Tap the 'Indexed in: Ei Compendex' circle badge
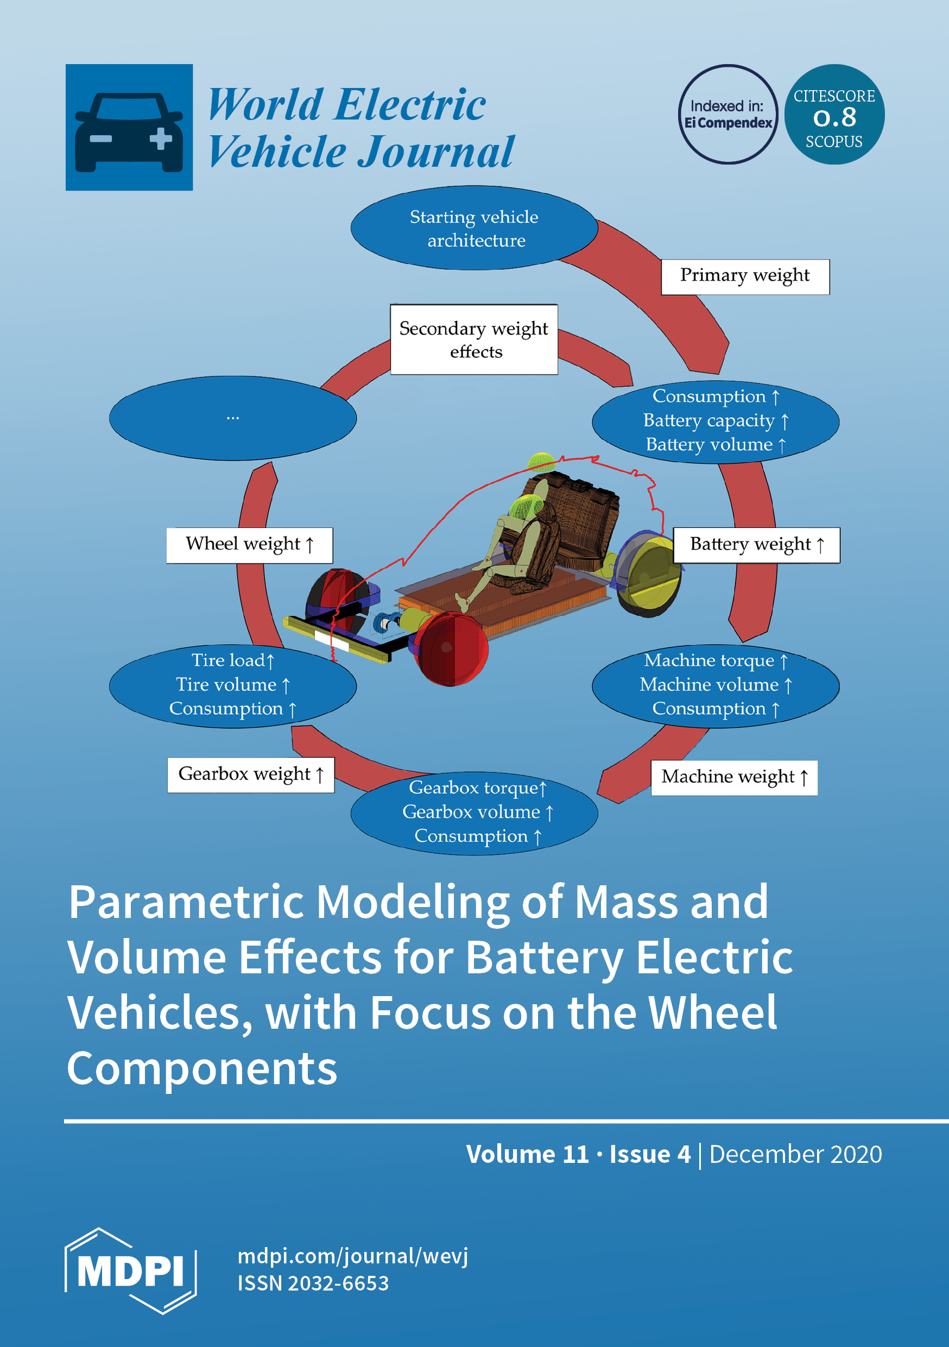pyautogui.click(x=728, y=115)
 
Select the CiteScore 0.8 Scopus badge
pyautogui.click(x=834, y=115)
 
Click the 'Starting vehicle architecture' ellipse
pyautogui.click(x=474, y=228)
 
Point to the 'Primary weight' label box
pyautogui.click(x=745, y=276)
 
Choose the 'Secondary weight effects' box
pyautogui.click(x=474, y=339)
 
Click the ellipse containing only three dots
pyautogui.click(x=233, y=418)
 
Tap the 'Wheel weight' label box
pyautogui.click(x=249, y=545)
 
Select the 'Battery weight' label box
pyautogui.click(x=757, y=545)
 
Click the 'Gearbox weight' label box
pyautogui.click(x=250, y=775)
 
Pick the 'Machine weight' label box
pyautogui.click(x=735, y=777)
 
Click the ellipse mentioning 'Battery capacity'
pyautogui.click(x=715, y=420)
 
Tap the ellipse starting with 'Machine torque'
pyautogui.click(x=715, y=685)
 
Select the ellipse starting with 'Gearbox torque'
pyautogui.click(x=474, y=813)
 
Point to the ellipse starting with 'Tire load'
pyautogui.click(x=233, y=685)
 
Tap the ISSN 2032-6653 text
pyautogui.click(x=313, y=1283)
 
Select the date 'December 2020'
pyautogui.click(x=795, y=1155)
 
